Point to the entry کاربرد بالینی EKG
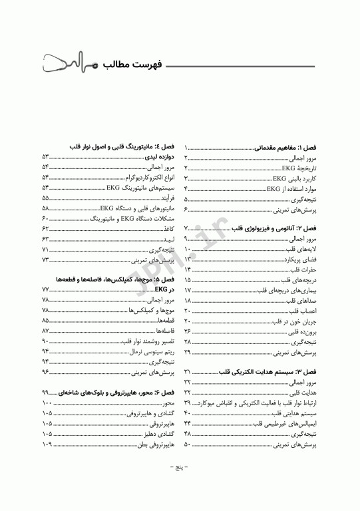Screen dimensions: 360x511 [294, 178]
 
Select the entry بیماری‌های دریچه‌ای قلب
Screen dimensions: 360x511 [287, 289]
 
